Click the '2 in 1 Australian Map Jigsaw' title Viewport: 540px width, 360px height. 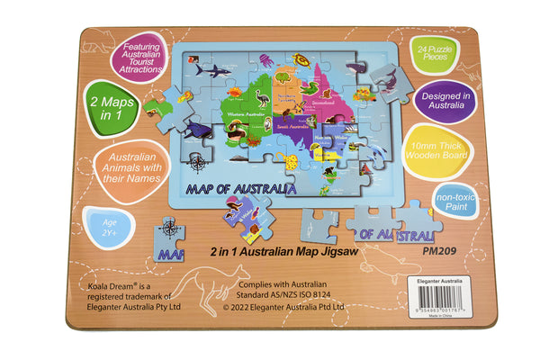coord(284,251)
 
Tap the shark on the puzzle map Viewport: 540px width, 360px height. coord(212,68)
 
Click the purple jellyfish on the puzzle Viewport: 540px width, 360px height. coord(266,60)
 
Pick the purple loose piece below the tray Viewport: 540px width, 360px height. coord(246,215)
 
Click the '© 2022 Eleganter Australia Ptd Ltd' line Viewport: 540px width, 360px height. coord(283,306)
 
